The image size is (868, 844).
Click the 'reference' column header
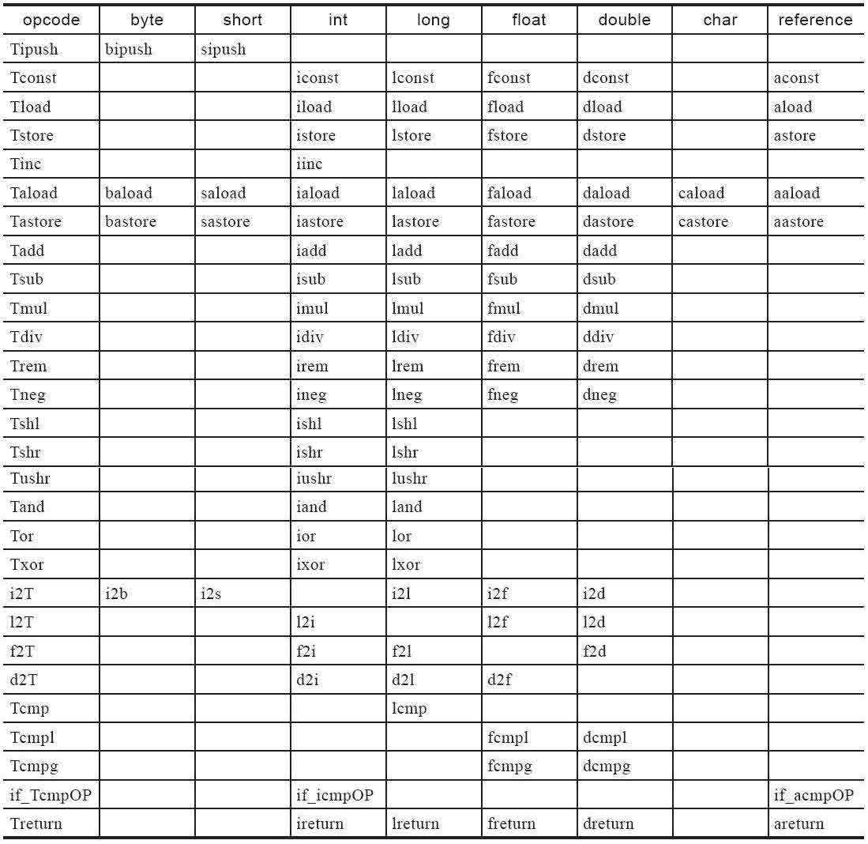pyautogui.click(x=815, y=21)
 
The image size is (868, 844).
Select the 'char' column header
pyautogui.click(x=720, y=21)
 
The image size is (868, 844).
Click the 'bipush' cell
pyautogui.click(x=129, y=50)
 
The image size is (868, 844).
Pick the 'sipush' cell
pyautogui.click(x=224, y=50)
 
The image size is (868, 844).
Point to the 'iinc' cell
pyautogui.click(x=310, y=164)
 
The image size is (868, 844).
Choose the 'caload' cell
pyautogui.click(x=701, y=193)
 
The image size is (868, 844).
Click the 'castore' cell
pyautogui.click(x=703, y=222)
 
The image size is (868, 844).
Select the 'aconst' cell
pyautogui.click(x=797, y=78)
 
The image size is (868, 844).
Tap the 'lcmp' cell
pyautogui.click(x=409, y=709)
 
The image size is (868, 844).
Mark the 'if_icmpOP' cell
pyautogui.click(x=335, y=795)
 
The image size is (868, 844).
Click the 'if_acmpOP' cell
pyautogui.click(x=814, y=795)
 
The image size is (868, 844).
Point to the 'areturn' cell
pyautogui.click(x=798, y=823)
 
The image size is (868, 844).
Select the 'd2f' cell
pyautogui.click(x=499, y=680)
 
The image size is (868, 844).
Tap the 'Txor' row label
pyautogui.click(x=28, y=565)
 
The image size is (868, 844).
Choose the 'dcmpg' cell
pyautogui.click(x=606, y=766)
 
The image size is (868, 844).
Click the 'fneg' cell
pyautogui.click(x=503, y=394)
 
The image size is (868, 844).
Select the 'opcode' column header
pyautogui.click(x=51, y=21)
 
